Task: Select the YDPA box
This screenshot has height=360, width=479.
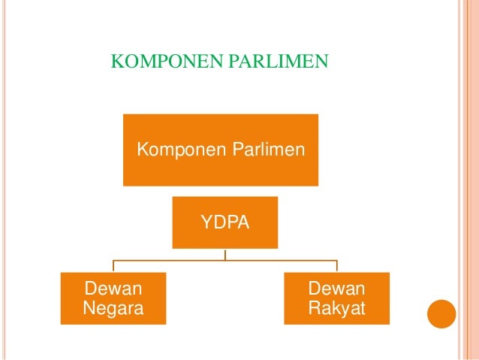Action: coord(224,222)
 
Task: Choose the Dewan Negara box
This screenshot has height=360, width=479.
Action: coord(113,298)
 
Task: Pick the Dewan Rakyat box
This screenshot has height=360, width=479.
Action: coord(336,298)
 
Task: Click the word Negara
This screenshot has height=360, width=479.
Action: coord(113,308)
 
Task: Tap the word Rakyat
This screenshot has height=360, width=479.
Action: coord(336,308)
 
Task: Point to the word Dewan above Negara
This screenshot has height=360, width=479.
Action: coord(114,289)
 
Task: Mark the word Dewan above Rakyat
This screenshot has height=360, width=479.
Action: coord(336,289)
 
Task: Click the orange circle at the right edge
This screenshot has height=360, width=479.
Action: coord(441,313)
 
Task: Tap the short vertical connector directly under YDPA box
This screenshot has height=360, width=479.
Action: coord(225,254)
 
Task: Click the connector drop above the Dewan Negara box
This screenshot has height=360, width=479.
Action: coord(113,266)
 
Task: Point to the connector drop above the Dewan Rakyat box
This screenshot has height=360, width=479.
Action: coord(336,266)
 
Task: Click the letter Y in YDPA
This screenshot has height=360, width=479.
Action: coord(205,222)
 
